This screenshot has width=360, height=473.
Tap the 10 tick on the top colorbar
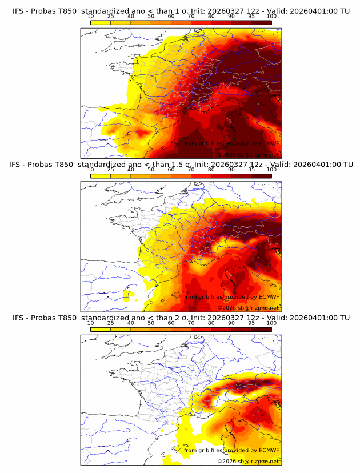[91, 16]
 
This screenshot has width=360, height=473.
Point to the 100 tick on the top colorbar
[271, 16]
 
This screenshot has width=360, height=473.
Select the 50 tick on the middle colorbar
[151, 170]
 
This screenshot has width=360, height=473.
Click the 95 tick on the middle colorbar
[251, 170]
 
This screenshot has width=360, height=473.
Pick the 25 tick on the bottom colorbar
[111, 323]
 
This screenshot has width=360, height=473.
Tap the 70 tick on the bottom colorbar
[191, 323]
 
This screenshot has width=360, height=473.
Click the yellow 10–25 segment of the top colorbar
[101, 22]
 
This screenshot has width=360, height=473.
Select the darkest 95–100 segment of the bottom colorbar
[261, 329]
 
